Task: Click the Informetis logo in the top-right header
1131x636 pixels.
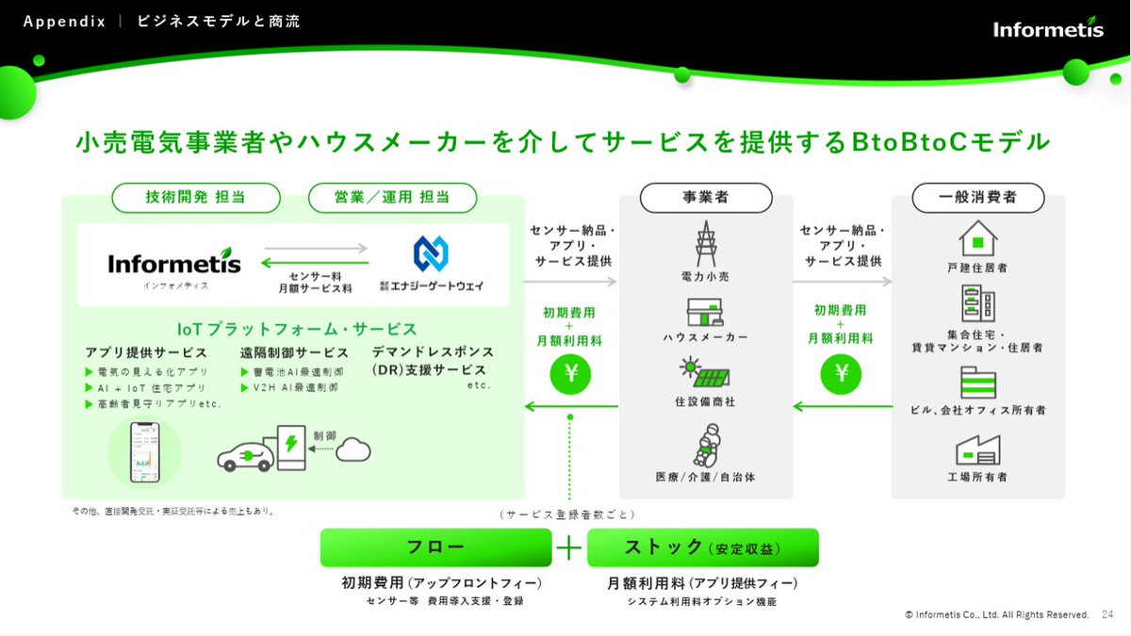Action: point(1047,28)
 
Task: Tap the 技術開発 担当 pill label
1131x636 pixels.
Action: point(196,197)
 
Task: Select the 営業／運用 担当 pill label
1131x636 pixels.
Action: point(392,197)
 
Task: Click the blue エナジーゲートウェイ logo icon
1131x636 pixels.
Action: point(432,253)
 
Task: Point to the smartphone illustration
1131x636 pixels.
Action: point(144,450)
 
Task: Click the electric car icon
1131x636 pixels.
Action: point(246,455)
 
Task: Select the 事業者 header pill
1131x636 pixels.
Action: point(705,198)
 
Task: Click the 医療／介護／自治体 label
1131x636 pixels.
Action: point(705,477)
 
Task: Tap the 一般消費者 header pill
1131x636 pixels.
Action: point(977,198)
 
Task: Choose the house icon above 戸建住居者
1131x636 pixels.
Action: point(977,237)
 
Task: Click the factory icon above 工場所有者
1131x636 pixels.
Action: point(977,449)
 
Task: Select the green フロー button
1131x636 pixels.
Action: point(435,547)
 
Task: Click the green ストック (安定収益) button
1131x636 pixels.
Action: point(702,547)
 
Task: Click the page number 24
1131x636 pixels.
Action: point(1107,614)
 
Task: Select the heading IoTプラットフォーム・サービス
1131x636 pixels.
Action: point(297,329)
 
